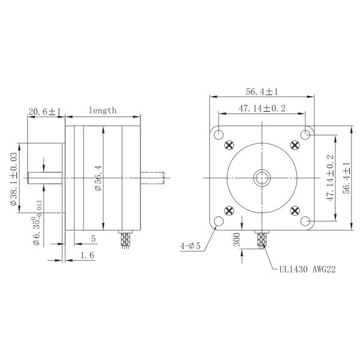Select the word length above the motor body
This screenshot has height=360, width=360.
coord(103,111)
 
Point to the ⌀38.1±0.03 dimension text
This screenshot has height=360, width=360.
coord(14,178)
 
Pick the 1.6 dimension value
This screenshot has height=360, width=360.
coord(87,255)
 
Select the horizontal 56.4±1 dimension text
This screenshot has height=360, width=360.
coord(262,91)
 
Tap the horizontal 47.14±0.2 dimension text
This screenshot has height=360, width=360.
coord(262,109)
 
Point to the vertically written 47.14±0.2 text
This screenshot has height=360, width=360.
coord(329,178)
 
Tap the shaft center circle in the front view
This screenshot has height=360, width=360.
coord(262,178)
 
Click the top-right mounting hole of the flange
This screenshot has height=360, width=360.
coord(306,134)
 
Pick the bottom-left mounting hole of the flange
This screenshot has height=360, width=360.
coord(218,221)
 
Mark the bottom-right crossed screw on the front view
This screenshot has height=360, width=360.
coord(295,210)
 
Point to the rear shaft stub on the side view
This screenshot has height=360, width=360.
coord(152,178)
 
